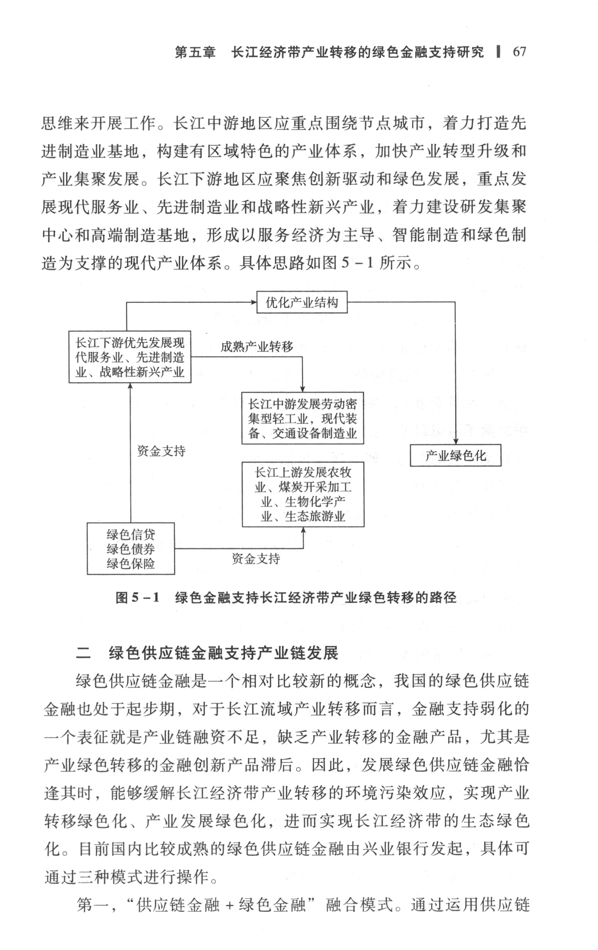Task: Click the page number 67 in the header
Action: [x=519, y=52]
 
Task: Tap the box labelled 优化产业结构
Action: [x=301, y=303]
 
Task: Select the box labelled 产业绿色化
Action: [x=455, y=455]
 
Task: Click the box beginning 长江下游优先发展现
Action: [x=130, y=357]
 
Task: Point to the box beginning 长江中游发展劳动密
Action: [x=303, y=418]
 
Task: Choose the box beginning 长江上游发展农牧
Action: [x=303, y=494]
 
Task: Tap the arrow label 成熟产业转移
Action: [x=257, y=347]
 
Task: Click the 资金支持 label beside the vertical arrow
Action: [x=161, y=451]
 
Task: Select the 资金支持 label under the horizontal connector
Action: [x=256, y=559]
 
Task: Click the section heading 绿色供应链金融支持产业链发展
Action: [x=223, y=653]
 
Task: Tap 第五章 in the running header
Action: [x=195, y=52]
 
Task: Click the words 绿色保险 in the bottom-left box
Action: [x=131, y=563]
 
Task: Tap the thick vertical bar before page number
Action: [x=498, y=52]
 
